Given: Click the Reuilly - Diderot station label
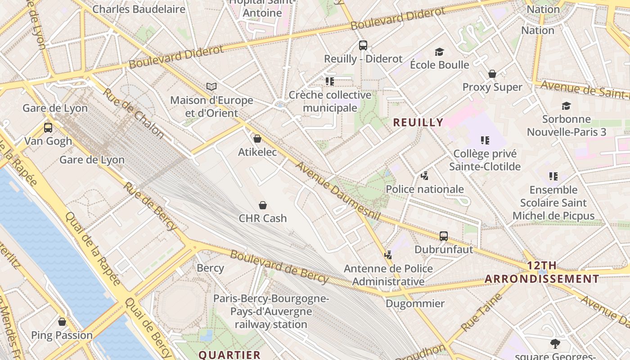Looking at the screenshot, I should pos(363,58).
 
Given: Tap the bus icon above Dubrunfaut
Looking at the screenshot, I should pos(444,236).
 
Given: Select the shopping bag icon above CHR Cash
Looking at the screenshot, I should pos(263,205).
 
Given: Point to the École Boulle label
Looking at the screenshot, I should pos(439,65).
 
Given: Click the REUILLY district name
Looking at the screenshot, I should pos(418,122).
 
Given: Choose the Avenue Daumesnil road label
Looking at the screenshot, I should pos(337,191).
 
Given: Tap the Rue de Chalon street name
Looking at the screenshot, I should pos(133,112).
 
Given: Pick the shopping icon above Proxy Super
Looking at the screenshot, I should pos(492,74).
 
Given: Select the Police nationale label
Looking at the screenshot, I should pos(425,189).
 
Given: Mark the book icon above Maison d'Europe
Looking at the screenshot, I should pos(211,86).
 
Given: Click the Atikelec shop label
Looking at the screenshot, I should pos(257,152).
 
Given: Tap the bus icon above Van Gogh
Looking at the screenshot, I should pos(48,128).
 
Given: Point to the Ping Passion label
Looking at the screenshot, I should pos(62,335).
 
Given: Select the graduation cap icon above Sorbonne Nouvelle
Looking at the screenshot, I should pos(566,106).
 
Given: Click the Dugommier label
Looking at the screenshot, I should pos(415,303).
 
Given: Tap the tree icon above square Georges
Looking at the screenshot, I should pos(555,344).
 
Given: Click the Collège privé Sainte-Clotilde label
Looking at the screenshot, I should pos(485,160).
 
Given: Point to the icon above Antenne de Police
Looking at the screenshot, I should pos(388,255).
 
